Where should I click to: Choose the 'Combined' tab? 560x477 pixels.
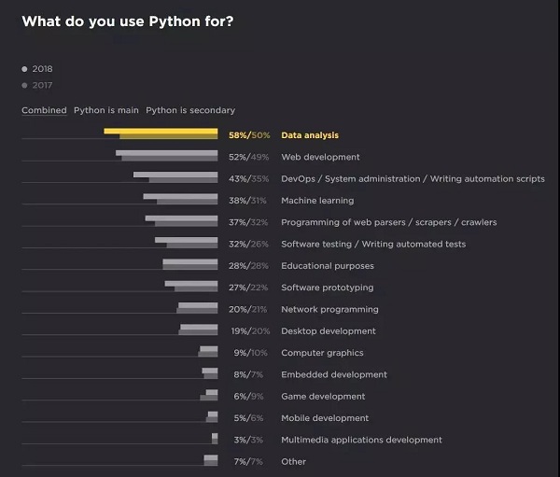pyautogui.click(x=44, y=110)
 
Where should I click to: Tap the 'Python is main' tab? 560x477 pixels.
pyautogui.click(x=106, y=110)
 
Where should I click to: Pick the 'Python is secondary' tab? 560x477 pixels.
pyautogui.click(x=190, y=110)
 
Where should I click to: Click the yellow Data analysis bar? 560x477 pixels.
pyautogui.click(x=161, y=133)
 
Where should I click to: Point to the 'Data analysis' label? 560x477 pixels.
pyautogui.click(x=310, y=135)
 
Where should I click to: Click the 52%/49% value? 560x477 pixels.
pyautogui.click(x=248, y=157)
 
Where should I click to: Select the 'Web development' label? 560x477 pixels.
pyautogui.click(x=320, y=157)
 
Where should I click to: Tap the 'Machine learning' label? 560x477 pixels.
pyautogui.click(x=317, y=201)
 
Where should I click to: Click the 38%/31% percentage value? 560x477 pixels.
pyautogui.click(x=248, y=201)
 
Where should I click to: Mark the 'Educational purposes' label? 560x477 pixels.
pyautogui.click(x=328, y=266)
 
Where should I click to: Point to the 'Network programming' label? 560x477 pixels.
pyautogui.click(x=329, y=309)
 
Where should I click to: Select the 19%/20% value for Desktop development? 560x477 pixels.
pyautogui.click(x=250, y=331)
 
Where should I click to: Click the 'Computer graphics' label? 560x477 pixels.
pyautogui.click(x=322, y=353)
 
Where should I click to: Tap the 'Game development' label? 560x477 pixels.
pyautogui.click(x=323, y=397)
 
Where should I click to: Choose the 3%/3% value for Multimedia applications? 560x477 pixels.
pyautogui.click(x=250, y=440)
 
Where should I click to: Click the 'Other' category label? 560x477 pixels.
pyautogui.click(x=293, y=462)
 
